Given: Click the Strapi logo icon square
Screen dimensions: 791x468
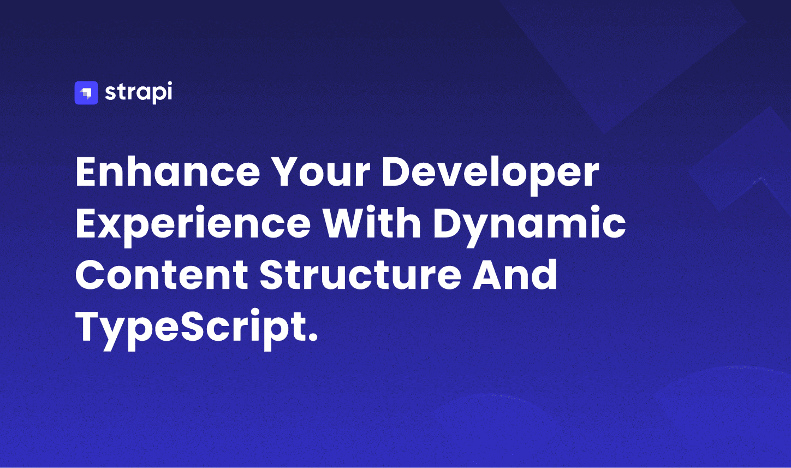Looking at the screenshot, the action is point(86,93).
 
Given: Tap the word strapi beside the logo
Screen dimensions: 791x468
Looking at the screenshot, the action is point(139,92).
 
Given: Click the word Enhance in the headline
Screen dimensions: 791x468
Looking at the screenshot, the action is point(168,171).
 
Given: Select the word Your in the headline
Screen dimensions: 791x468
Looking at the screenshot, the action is point(322,171).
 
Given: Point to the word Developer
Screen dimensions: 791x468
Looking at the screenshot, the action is point(491,175).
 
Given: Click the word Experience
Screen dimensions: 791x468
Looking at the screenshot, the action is point(193,226).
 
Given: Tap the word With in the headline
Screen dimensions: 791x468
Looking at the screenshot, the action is point(372,222).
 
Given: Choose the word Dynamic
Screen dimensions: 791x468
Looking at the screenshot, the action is point(530,226).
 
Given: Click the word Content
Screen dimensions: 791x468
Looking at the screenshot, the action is point(162,275).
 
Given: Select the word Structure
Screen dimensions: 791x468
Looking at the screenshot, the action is point(360,275).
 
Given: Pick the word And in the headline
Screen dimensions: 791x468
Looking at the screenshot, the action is point(515,274).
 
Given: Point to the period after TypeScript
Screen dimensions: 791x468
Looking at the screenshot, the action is point(312,336).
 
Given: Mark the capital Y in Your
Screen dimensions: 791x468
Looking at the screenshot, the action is point(289,171).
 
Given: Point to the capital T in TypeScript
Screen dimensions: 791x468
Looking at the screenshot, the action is point(89,327).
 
